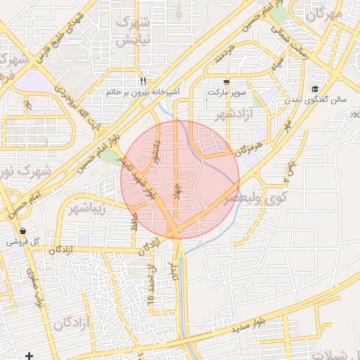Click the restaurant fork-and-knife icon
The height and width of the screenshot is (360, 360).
[143, 81]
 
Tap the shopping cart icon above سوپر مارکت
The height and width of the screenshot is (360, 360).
[225, 81]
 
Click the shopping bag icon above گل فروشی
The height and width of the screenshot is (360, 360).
[23, 231]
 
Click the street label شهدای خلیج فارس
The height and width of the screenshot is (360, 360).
[68, 33]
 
